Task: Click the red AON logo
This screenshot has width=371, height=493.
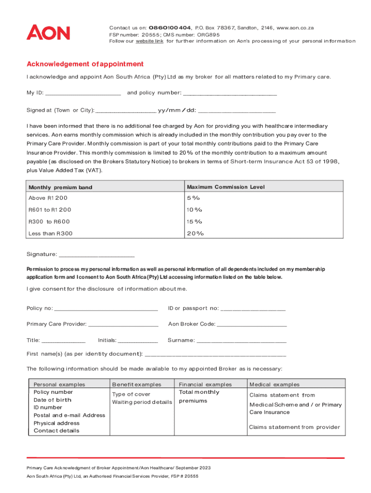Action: (48, 33)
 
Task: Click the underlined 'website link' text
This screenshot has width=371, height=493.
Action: (149, 41)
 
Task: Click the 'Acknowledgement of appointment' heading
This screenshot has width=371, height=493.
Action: (85, 64)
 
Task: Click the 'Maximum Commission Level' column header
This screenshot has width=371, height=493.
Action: (225, 187)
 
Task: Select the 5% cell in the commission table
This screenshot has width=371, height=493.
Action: (194, 198)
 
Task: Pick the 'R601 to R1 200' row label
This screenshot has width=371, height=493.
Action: (50, 210)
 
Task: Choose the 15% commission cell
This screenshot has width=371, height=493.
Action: (195, 221)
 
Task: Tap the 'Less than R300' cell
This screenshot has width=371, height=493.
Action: (51, 234)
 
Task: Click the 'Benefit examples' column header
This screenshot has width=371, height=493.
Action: (137, 385)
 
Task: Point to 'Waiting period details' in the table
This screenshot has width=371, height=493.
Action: (142, 402)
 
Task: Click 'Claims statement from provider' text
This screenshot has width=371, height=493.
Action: (294, 427)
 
